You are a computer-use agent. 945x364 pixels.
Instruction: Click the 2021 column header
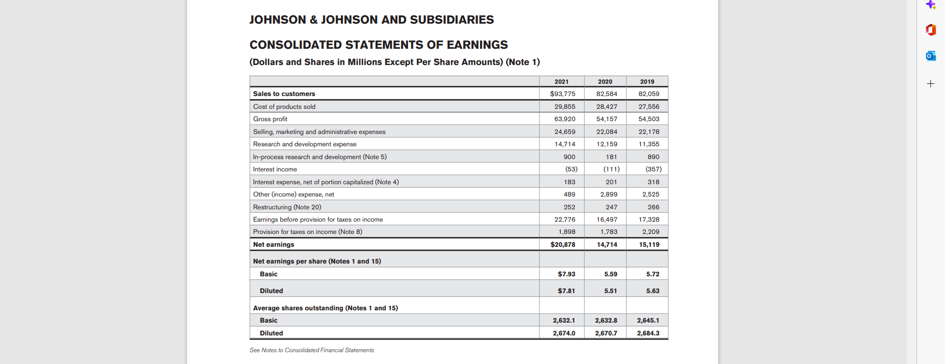coord(561,82)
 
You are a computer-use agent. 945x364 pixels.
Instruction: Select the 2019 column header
coord(647,82)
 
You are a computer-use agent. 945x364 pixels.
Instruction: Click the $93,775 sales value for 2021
coord(563,94)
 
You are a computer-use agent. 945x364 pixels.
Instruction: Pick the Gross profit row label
coord(270,119)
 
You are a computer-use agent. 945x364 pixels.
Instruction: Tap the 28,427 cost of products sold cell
coord(606,106)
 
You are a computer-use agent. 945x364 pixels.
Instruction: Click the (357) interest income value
coord(653,169)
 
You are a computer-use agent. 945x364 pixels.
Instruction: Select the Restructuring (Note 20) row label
coord(287,207)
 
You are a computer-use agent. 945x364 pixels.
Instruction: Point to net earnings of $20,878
coord(563,244)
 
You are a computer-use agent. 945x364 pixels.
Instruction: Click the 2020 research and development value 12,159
coord(606,144)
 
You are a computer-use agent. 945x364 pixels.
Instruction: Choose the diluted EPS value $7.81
coord(566,291)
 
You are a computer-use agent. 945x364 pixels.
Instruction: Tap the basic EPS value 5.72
coord(653,274)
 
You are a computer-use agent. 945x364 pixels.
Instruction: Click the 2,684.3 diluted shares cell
coord(648,333)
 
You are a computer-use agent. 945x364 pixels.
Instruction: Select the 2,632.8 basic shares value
coord(606,320)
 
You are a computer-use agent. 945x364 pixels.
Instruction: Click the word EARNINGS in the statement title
coord(477,45)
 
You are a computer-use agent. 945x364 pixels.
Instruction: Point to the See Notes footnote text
coord(312,350)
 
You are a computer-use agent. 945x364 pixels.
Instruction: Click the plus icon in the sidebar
coord(930,84)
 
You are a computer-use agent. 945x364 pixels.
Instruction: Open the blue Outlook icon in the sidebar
coord(930,56)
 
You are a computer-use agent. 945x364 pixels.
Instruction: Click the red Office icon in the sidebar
coord(930,30)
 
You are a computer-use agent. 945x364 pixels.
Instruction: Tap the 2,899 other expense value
coord(608,194)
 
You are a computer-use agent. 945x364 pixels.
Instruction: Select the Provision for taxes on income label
coord(307,232)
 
